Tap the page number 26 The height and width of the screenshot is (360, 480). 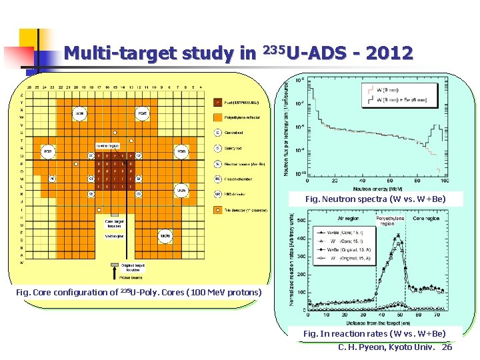[x=447, y=347]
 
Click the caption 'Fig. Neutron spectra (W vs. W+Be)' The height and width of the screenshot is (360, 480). [x=375, y=199]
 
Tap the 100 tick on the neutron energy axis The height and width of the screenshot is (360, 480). [x=443, y=181]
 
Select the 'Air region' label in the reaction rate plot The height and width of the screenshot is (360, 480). [x=347, y=218]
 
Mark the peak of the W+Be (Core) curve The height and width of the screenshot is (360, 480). [x=398, y=235]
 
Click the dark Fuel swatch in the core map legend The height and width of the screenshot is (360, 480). [x=217, y=103]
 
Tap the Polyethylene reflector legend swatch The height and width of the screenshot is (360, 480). [x=217, y=117]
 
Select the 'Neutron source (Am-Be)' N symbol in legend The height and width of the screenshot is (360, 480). [x=217, y=163]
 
